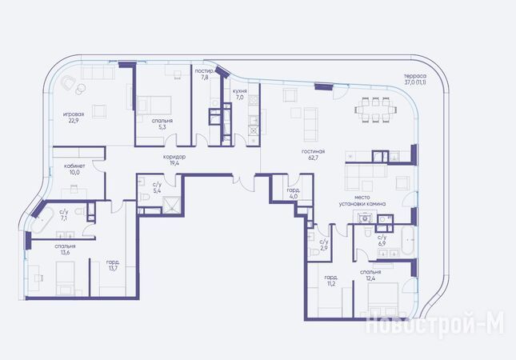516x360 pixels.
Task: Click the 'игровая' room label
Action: coord(74,114)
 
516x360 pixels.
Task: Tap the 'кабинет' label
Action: coord(74,166)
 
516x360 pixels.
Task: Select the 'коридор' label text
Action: coord(174,157)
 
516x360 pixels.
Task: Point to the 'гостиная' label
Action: coord(313,151)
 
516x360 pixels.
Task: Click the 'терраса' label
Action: coord(415,76)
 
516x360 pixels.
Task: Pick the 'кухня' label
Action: coord(239,91)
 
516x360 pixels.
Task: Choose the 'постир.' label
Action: coord(204,71)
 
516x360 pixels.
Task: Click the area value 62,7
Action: coord(313,158)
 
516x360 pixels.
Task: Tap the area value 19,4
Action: coord(174,163)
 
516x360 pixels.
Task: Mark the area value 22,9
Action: coord(73,121)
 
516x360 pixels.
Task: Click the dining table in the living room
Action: coord(375,110)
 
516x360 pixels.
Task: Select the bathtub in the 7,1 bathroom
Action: coord(41,219)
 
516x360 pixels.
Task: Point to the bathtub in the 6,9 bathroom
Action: coord(407,241)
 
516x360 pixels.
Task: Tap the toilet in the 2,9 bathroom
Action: coord(314,252)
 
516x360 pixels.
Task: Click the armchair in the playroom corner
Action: coord(69,82)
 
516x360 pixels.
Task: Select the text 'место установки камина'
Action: coord(362,201)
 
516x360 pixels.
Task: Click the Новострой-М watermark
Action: coord(435,324)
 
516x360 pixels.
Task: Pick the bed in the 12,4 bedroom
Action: coord(382,300)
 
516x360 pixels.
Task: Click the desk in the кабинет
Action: coord(74,193)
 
